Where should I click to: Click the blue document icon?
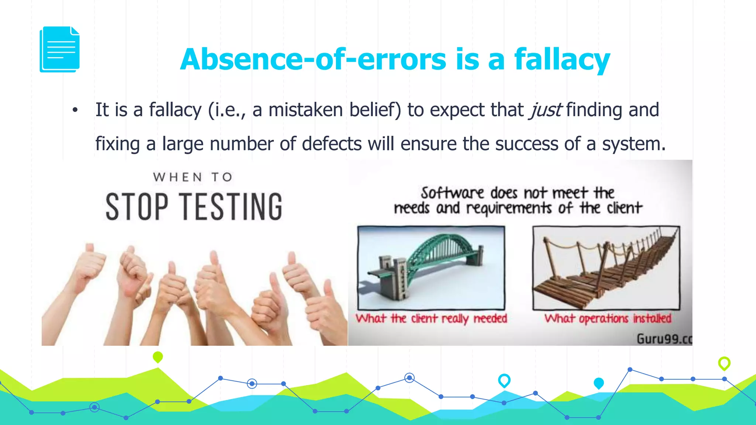pyautogui.click(x=60, y=49)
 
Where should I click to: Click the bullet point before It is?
pyautogui.click(x=75, y=110)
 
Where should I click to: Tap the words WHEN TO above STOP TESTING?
pyautogui.click(x=193, y=177)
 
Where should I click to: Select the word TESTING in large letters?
pyautogui.click(x=233, y=207)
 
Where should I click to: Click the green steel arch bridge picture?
pyautogui.click(x=431, y=268)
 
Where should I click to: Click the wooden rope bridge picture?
pyautogui.click(x=606, y=268)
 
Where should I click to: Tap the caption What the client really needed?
pyautogui.click(x=431, y=318)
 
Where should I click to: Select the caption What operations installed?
pyautogui.click(x=608, y=318)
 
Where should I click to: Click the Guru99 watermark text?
pyautogui.click(x=664, y=338)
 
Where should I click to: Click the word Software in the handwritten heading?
pyautogui.click(x=452, y=193)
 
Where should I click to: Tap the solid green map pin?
pyautogui.click(x=158, y=357)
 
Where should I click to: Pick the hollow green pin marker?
pyautogui.click(x=724, y=363)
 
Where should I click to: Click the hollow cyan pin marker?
pyautogui.click(x=504, y=380)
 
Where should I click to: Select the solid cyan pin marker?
pyautogui.click(x=598, y=383)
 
